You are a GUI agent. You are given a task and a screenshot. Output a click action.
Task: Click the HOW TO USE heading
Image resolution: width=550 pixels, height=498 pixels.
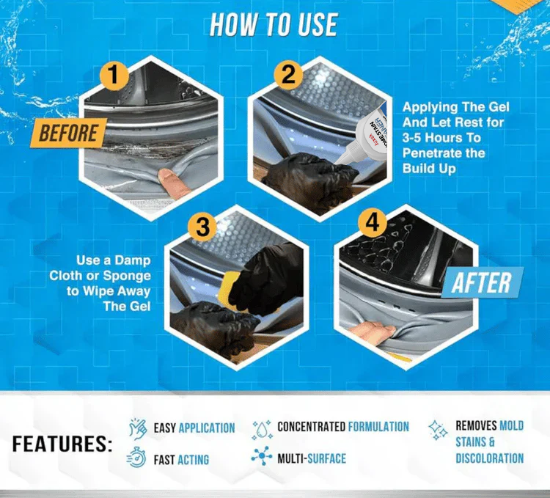pos(274,24)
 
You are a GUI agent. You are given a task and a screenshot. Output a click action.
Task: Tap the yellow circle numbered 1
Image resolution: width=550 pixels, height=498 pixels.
pos(113,75)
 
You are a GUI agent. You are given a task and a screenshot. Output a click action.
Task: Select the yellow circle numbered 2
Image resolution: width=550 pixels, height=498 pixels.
pos(288,74)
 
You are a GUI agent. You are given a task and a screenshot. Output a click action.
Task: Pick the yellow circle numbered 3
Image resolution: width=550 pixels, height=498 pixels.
pos(202,227)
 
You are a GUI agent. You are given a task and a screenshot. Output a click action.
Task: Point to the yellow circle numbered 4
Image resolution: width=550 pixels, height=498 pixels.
pos(372,222)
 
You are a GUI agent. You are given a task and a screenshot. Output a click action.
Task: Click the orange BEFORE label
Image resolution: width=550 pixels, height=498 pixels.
pos(68,133)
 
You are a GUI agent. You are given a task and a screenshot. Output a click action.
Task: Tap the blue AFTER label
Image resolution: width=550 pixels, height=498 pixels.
pos(482,282)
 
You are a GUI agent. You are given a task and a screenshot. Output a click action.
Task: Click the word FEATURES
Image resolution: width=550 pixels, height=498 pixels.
pos(62,444)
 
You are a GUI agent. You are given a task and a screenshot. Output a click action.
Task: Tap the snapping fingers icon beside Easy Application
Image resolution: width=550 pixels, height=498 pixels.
pos(138,428)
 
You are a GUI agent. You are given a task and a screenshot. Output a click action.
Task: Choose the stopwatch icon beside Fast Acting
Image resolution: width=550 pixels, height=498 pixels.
pos(136,458)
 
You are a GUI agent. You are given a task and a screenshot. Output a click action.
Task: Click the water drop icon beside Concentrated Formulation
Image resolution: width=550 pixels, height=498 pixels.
pos(262,429)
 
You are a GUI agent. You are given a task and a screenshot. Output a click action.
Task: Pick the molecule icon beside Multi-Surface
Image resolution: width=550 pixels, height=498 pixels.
pos(262,456)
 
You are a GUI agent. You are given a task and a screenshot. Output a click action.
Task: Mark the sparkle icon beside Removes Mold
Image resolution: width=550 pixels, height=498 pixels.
pos(438,430)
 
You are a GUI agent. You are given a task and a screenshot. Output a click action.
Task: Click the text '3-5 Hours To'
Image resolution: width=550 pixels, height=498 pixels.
pos(441,137)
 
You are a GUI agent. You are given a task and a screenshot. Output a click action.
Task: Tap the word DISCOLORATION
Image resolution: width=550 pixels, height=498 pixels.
pos(489,458)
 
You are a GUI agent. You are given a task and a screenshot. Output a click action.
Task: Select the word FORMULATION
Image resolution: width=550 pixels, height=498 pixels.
pos(378,427)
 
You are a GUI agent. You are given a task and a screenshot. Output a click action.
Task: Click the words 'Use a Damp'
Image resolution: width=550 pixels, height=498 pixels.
pos(113,260)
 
